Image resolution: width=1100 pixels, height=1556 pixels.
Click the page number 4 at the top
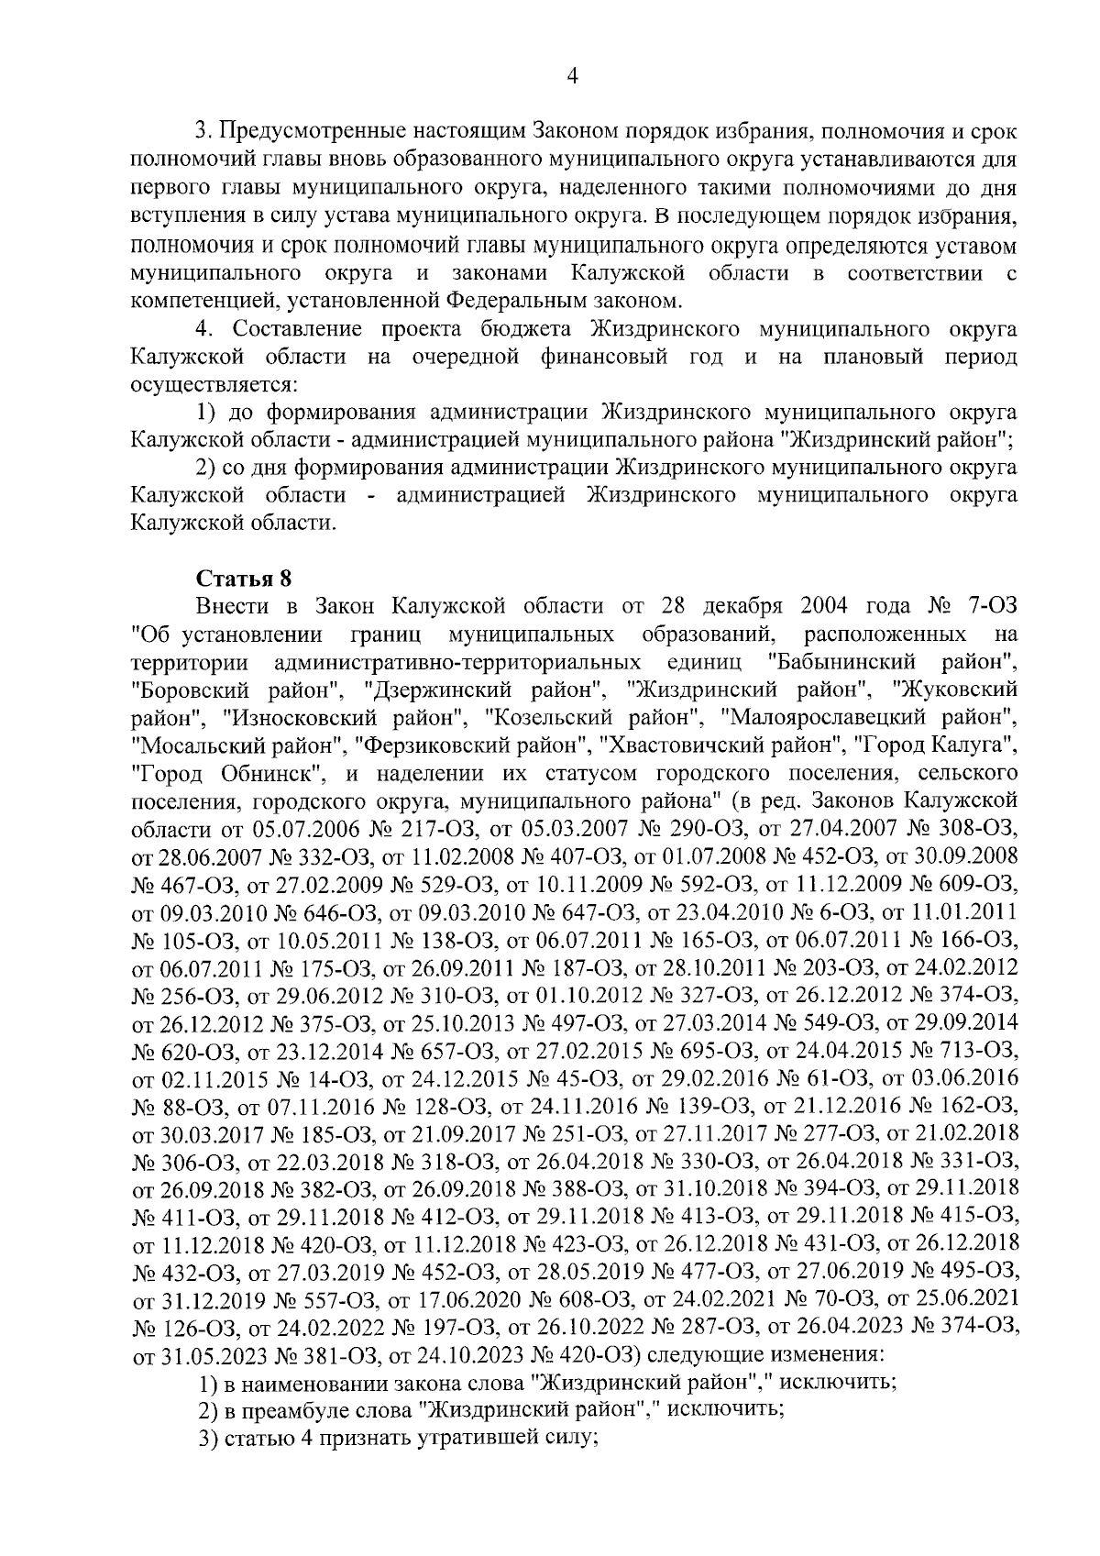(x=572, y=77)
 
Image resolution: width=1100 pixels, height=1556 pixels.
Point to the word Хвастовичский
(x=701, y=744)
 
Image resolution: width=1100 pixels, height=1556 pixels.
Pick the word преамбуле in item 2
(x=280, y=1409)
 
